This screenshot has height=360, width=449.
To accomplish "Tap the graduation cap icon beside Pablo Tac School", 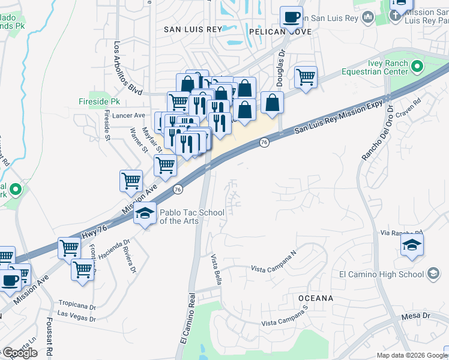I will (145, 213).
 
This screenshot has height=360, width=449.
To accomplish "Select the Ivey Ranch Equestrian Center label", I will (383, 68).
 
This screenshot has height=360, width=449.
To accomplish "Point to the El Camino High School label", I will (381, 275).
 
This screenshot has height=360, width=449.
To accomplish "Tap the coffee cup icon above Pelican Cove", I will (292, 17).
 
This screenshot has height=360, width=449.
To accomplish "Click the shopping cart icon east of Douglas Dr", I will (306, 77).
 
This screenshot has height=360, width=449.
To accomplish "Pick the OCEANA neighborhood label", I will (315, 298).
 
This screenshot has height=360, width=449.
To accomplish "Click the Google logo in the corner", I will (19, 352).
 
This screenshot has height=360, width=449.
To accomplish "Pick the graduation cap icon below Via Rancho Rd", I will (412, 245).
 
